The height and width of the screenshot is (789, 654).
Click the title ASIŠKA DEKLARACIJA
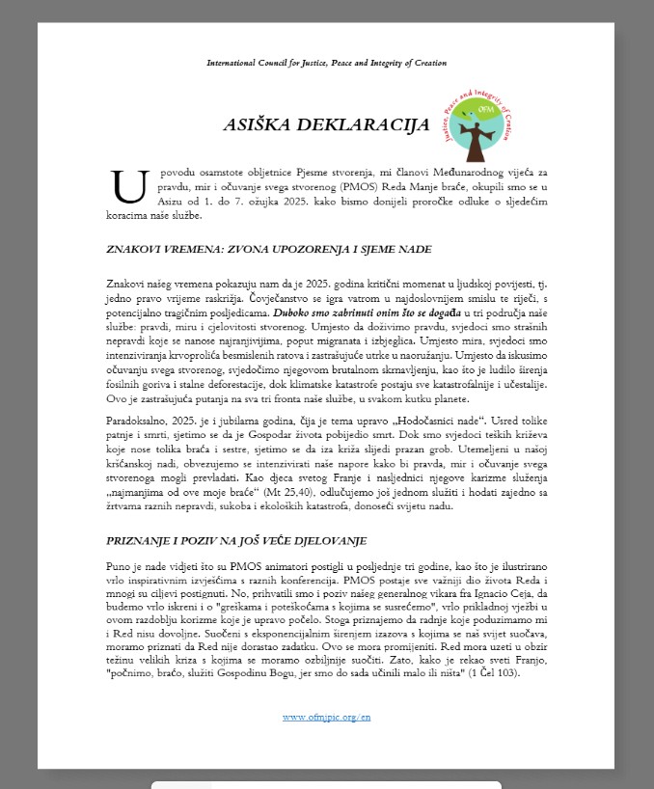tap(326, 124)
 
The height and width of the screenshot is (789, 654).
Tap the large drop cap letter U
tap(128, 185)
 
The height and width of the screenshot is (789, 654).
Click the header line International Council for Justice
tap(326, 63)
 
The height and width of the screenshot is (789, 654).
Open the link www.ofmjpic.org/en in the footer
tap(326, 717)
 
